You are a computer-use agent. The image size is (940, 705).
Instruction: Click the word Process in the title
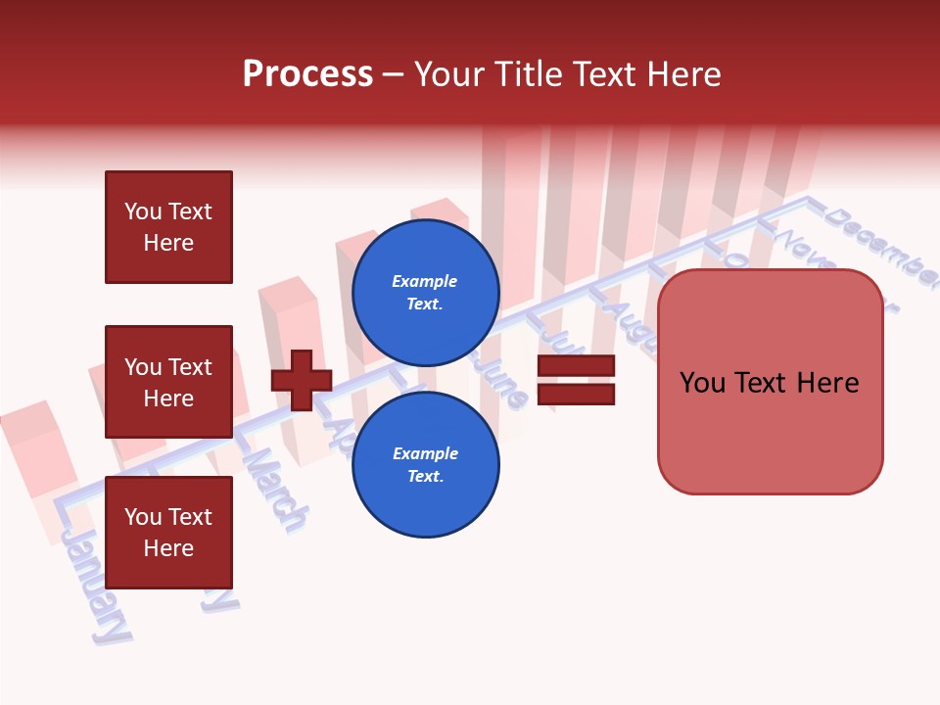coord(307,74)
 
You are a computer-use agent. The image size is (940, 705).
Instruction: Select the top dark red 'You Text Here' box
coord(168,227)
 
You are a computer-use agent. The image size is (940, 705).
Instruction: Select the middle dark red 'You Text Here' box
coord(168,382)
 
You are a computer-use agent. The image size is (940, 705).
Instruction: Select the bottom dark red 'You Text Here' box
coord(168,532)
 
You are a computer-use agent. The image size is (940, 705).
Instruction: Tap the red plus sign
coord(302,380)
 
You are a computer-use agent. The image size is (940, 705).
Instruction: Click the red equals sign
coord(576,380)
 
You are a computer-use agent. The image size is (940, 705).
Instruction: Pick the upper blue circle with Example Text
coord(425,293)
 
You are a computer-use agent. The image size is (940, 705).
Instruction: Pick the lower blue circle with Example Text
coord(425,465)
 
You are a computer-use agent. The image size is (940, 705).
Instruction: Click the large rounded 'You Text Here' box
coord(770,382)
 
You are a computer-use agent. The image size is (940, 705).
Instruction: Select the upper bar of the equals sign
coord(576,365)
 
